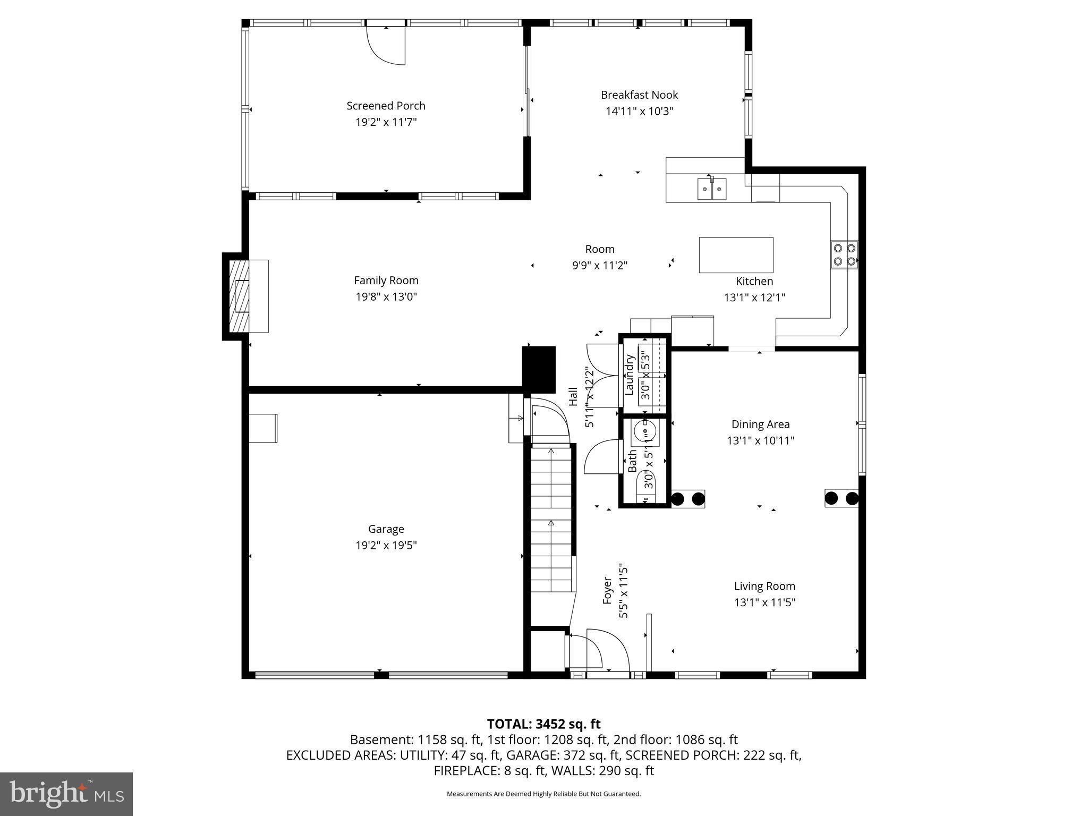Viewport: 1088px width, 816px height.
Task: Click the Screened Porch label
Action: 386,106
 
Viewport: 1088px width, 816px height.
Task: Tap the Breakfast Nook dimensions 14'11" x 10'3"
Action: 639,112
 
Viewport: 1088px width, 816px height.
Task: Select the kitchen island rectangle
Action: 736,255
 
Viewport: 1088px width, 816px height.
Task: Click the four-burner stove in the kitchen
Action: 844,254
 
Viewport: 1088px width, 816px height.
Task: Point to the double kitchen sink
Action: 712,188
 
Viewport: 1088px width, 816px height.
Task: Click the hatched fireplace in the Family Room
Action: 242,296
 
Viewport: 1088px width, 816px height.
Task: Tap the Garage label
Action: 386,529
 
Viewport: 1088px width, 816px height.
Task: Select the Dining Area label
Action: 760,424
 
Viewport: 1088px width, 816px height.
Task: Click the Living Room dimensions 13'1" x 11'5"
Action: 764,602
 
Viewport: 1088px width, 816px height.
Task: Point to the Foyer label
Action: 608,591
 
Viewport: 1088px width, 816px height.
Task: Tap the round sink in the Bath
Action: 645,431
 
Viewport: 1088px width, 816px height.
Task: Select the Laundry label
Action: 630,375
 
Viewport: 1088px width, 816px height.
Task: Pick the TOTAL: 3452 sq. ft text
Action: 543,724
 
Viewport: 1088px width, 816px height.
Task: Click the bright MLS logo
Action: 66,794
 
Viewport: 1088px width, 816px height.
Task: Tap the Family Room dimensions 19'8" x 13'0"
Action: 386,297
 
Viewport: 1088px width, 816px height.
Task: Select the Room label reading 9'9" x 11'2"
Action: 600,249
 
